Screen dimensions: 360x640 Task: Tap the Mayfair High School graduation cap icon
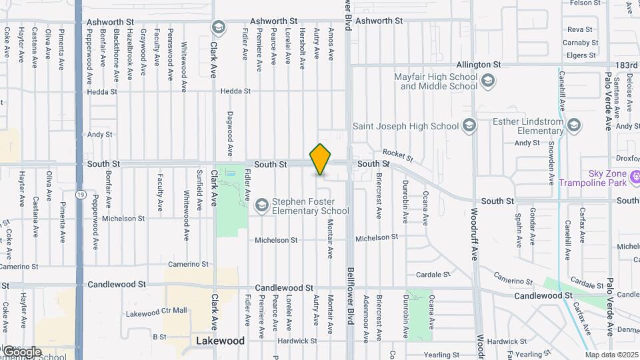coord(488,81)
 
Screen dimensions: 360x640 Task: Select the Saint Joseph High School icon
coord(470,126)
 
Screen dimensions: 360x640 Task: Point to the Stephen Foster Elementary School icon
coord(262,205)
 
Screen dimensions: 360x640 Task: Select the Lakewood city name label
coord(221,341)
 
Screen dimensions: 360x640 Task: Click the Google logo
coord(21,352)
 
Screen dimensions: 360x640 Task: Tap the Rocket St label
coord(398,156)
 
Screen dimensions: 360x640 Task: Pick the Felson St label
coord(581,3)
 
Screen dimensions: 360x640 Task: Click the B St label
coord(159,337)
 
